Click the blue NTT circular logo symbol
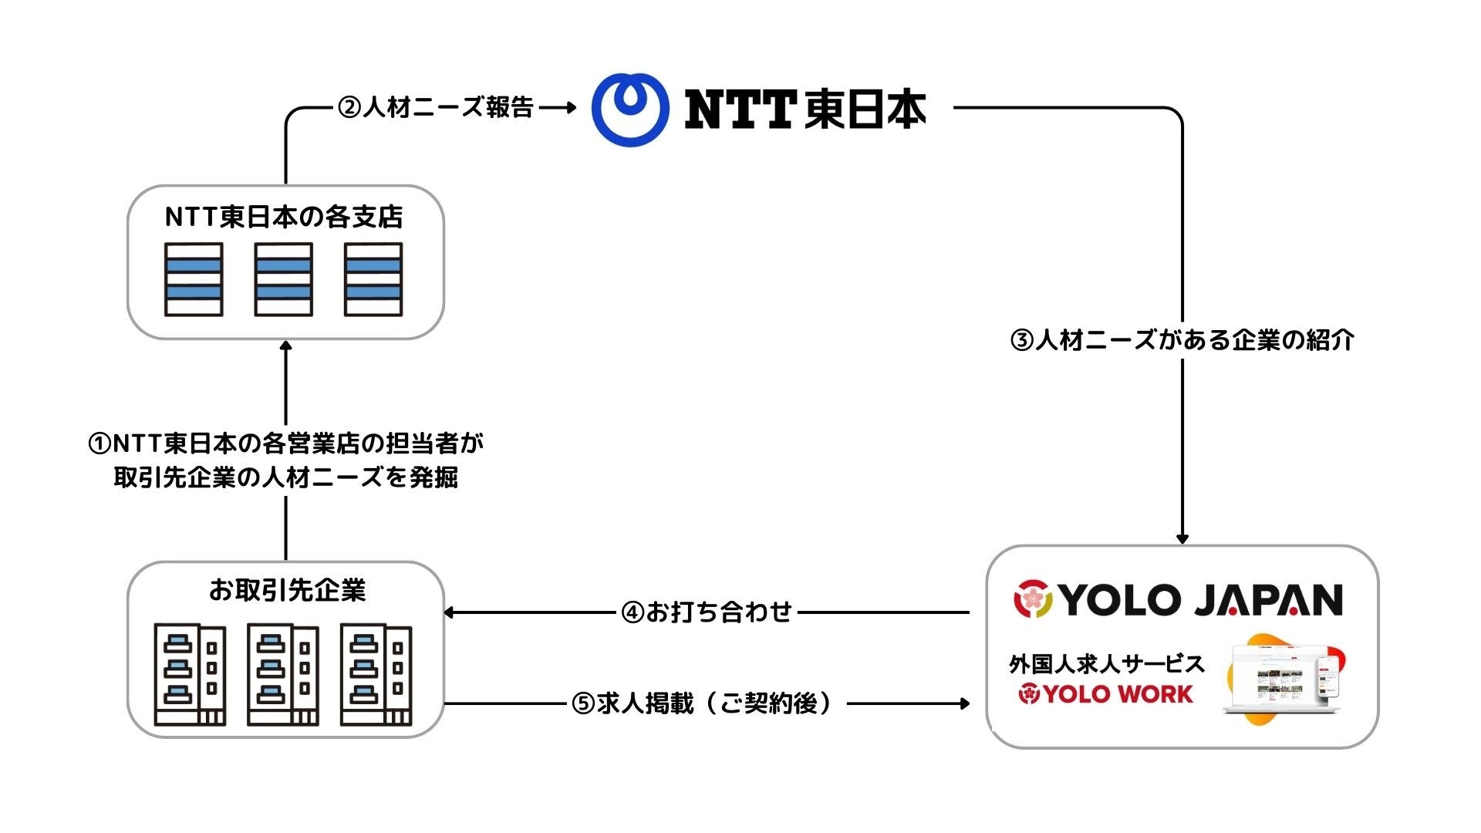(629, 109)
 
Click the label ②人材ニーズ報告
(436, 107)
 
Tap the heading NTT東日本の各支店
(284, 217)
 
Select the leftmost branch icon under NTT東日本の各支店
(194, 279)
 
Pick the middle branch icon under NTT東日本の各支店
(284, 279)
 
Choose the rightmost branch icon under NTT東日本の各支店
(373, 279)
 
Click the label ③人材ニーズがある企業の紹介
(1182, 339)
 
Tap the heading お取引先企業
(287, 590)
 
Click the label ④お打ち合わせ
(707, 612)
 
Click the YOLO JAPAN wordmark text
(1199, 600)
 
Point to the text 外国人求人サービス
(1106, 663)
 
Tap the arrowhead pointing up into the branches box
(286, 347)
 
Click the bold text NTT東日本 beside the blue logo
(805, 109)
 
